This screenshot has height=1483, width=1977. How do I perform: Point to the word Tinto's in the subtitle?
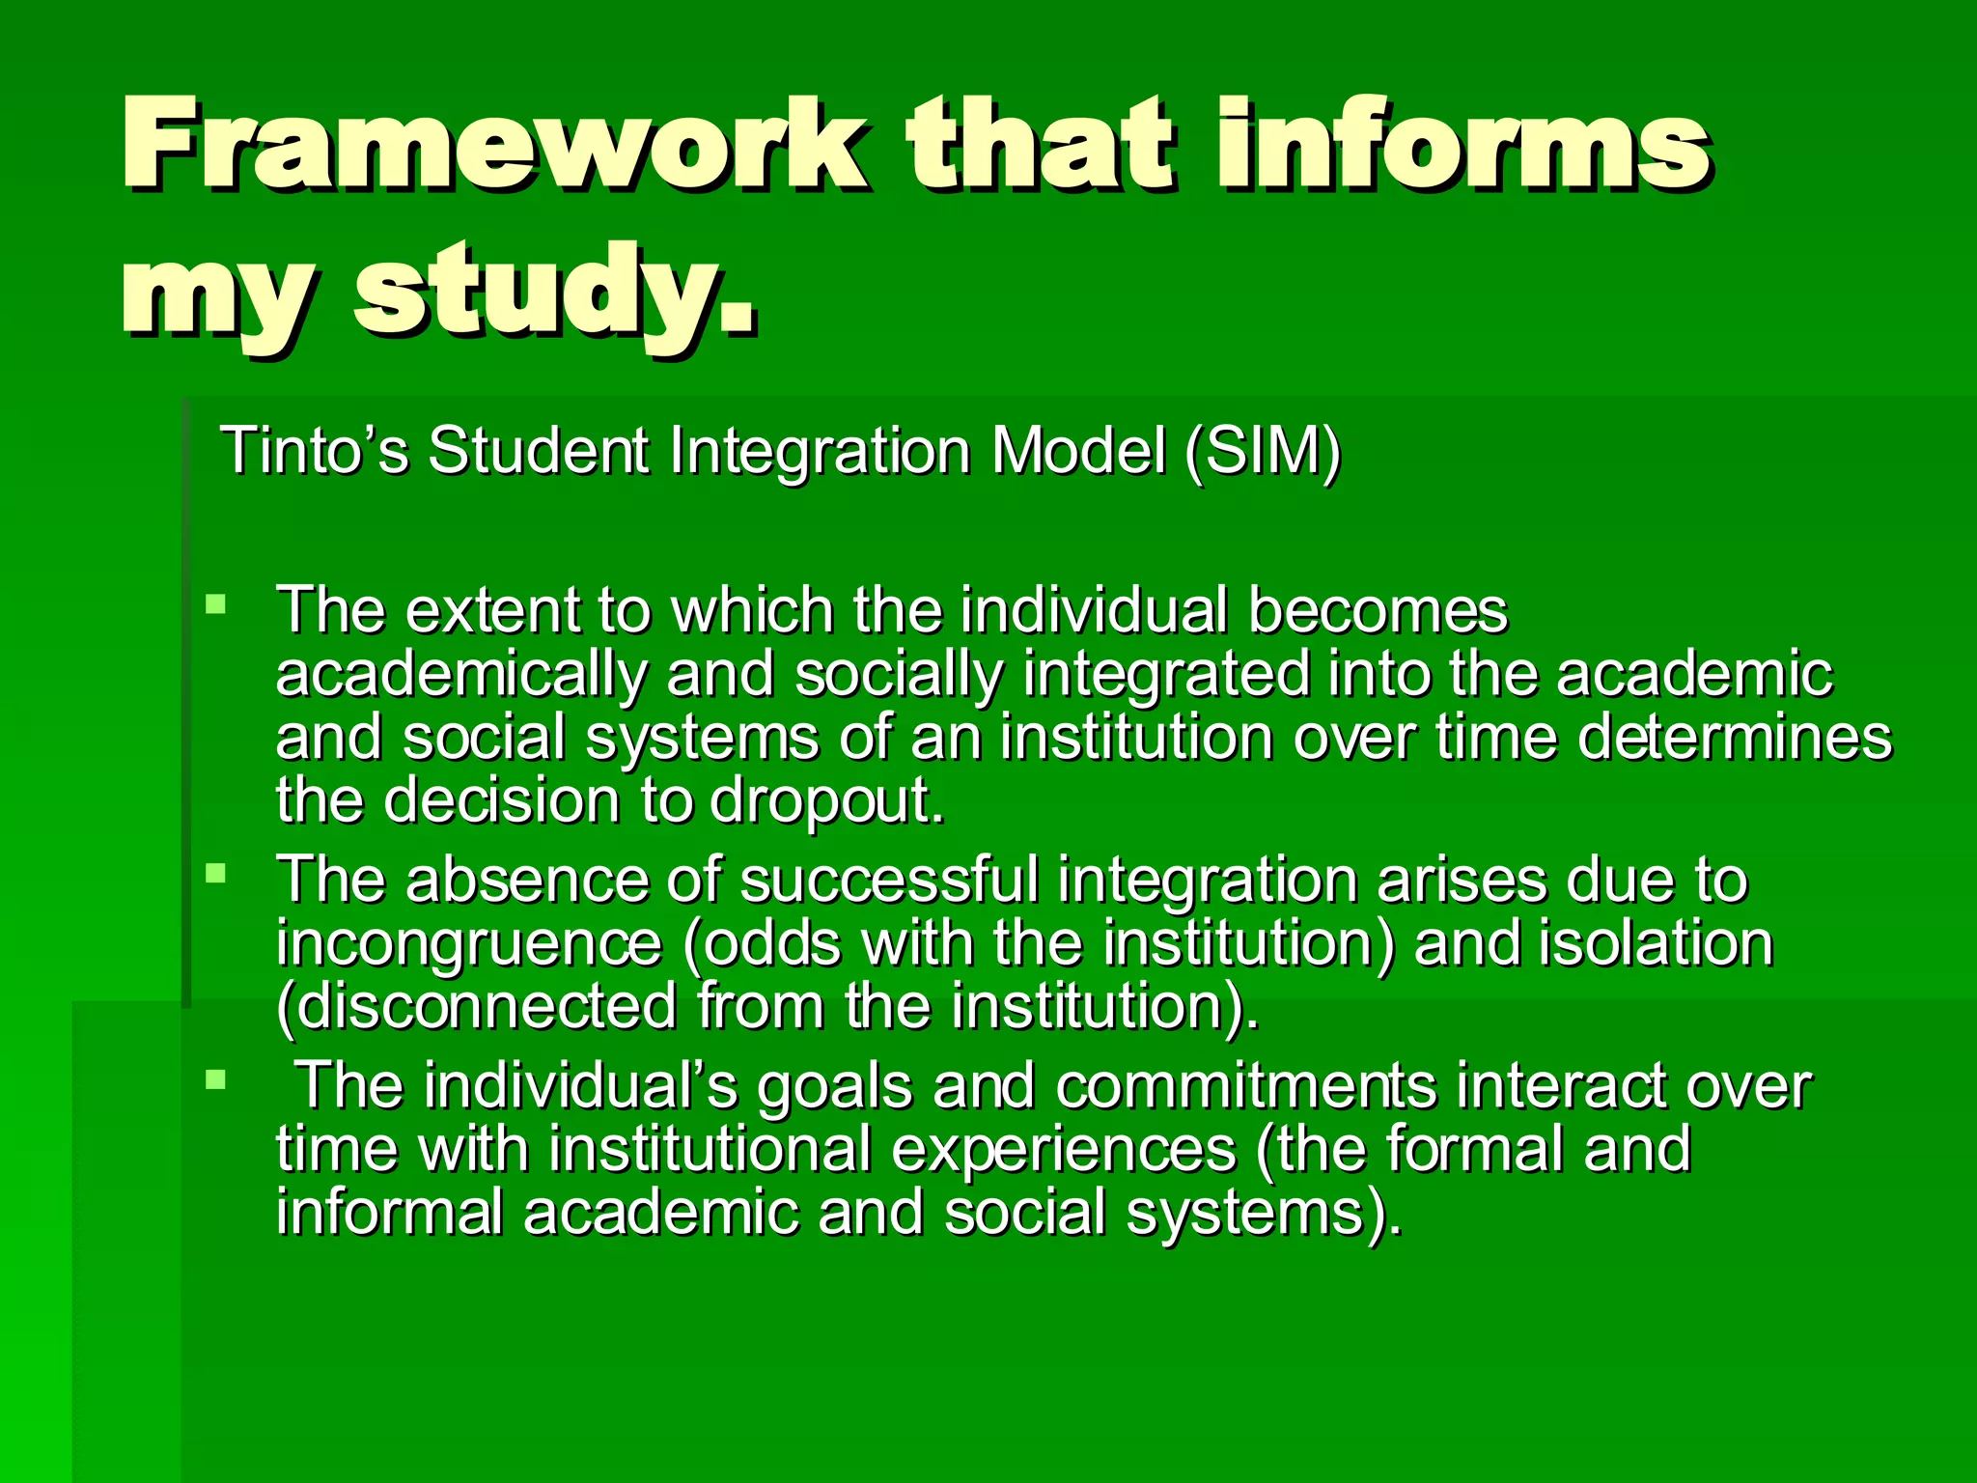[x=315, y=451]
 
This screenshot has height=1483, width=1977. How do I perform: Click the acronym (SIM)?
[x=1263, y=451]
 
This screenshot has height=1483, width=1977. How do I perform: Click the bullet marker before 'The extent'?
[x=216, y=605]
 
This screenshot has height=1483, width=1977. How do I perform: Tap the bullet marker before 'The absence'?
[x=216, y=875]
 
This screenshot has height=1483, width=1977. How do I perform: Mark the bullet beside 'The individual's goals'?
[x=216, y=1078]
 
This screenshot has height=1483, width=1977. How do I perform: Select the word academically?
[x=461, y=674]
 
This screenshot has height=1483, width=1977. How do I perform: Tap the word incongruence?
[x=469, y=943]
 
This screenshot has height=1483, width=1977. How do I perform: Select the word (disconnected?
[x=477, y=1007]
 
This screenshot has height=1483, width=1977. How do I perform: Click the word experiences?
[x=1063, y=1149]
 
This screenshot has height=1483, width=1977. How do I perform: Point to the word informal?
[x=389, y=1213]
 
